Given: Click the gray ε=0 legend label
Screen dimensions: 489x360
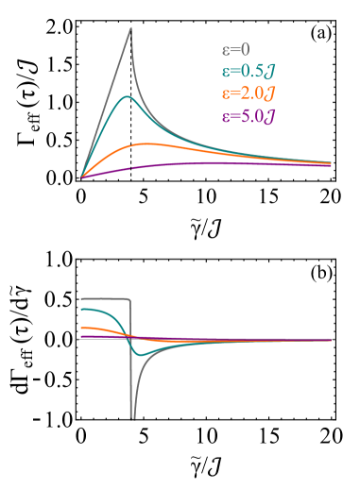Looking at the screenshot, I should tap(235, 50).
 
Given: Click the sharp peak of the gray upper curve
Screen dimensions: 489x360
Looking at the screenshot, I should tap(130, 27).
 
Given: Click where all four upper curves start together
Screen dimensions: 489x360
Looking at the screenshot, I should tap(81, 177).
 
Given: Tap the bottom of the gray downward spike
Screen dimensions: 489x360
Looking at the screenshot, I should tap(132, 417).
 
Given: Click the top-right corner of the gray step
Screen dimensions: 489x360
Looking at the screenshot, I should tap(129, 299).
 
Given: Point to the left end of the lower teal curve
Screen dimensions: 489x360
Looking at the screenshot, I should tap(82, 309).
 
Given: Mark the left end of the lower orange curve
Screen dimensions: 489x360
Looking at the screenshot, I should tap(82, 328).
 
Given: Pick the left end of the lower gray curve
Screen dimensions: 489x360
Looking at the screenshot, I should tap(82, 298).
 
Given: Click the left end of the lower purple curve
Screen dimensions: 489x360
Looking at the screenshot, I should tap(82, 335).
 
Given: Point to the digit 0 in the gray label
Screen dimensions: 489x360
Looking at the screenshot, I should tap(245, 50).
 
